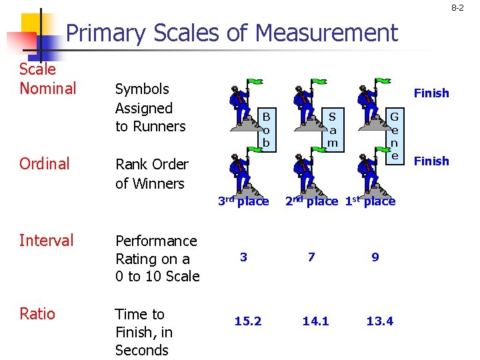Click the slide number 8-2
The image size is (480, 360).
[457, 9]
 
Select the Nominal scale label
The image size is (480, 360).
[47, 88]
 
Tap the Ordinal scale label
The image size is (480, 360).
[44, 164]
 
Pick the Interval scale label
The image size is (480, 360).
[46, 240]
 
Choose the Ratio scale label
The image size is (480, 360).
[37, 314]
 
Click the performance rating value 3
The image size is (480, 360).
[243, 257]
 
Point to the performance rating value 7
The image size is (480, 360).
[311, 257]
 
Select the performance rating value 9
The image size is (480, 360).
[375, 257]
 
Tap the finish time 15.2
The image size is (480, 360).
[248, 321]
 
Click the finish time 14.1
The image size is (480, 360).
[315, 321]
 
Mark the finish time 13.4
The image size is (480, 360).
[379, 321]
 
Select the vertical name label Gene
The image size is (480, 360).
[395, 135]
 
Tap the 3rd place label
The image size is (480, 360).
[243, 201]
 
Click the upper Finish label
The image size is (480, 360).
[431, 93]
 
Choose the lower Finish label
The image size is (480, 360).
[431, 161]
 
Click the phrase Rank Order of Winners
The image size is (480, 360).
[152, 173]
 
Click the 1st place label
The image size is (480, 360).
[370, 201]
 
